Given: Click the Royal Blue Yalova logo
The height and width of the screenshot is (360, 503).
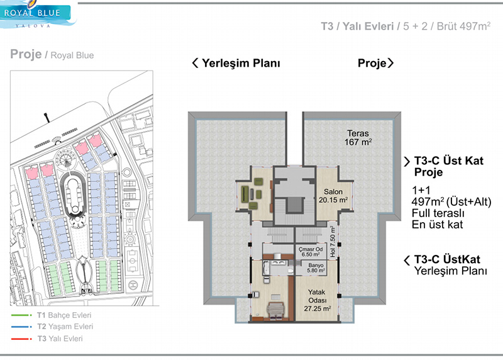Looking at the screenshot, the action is pyautogui.click(x=36, y=14).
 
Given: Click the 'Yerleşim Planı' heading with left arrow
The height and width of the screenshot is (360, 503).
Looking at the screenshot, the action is pyautogui.click(x=236, y=63).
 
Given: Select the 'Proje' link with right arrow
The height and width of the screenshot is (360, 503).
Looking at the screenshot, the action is pyautogui.click(x=375, y=63).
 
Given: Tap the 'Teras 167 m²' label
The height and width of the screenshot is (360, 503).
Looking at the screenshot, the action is pyautogui.click(x=358, y=137).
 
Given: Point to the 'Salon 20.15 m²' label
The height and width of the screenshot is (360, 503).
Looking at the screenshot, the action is pyautogui.click(x=333, y=196).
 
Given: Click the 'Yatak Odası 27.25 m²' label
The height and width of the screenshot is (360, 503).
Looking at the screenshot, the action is pyautogui.click(x=318, y=300).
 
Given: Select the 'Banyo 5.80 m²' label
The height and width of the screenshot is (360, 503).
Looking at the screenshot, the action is pyautogui.click(x=316, y=268).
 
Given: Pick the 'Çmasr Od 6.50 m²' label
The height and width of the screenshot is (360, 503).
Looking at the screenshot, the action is pyautogui.click(x=311, y=252).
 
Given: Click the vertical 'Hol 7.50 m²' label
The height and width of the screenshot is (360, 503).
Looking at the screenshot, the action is pyautogui.click(x=333, y=241).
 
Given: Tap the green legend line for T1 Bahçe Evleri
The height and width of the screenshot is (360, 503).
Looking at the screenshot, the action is pyautogui.click(x=21, y=315).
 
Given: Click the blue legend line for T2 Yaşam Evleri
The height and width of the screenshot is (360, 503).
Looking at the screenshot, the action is pyautogui.click(x=21, y=327).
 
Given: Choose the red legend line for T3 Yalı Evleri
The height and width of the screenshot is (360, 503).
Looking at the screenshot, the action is pyautogui.click(x=21, y=339).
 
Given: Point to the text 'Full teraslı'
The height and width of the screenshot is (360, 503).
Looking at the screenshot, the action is pyautogui.click(x=438, y=213).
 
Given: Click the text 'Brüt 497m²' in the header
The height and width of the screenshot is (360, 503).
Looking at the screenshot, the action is pyautogui.click(x=463, y=26).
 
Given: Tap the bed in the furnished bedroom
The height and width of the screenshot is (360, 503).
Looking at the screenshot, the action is pyautogui.click(x=275, y=310).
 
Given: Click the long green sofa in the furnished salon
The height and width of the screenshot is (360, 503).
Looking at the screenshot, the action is pyautogui.click(x=245, y=194).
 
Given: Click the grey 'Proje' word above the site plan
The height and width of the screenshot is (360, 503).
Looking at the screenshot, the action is pyautogui.click(x=26, y=54).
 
